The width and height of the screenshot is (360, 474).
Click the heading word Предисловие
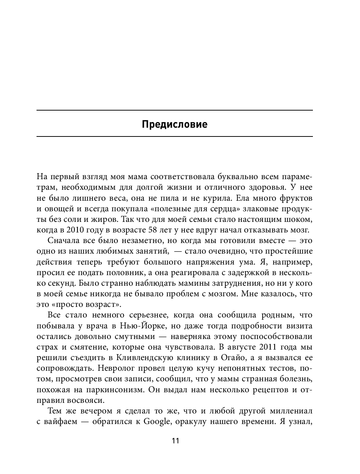(175, 124)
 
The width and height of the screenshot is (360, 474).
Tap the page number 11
(175, 440)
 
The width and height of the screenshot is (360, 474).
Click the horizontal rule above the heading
(175, 110)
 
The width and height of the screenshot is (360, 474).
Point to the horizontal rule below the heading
(175, 136)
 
